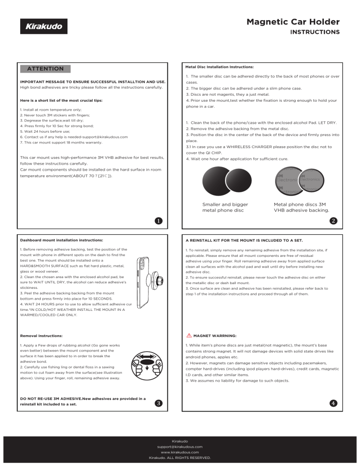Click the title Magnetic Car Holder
[x=293, y=22]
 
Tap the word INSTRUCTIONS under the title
[x=315, y=33]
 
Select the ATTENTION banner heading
[x=45, y=68]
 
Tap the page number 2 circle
[x=333, y=220]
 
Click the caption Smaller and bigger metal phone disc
[x=225, y=207]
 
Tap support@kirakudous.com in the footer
[x=180, y=447]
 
